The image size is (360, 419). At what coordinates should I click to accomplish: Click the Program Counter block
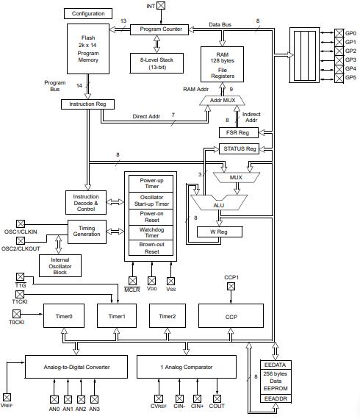160,29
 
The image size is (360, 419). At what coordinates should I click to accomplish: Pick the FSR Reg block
238,132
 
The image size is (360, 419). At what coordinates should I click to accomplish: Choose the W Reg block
219,232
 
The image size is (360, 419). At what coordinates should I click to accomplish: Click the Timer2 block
169,315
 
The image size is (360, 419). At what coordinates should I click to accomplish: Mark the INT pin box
162,6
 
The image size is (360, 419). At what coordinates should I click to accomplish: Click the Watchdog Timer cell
150,233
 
